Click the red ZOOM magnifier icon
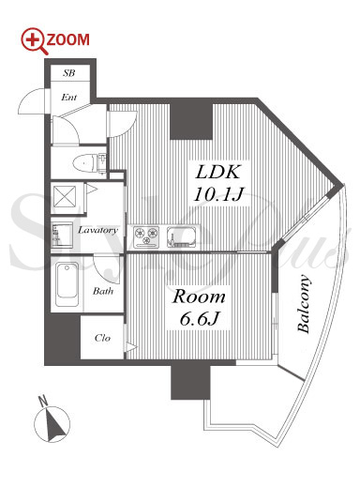[35, 41]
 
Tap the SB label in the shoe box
[69, 73]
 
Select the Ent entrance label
[69, 98]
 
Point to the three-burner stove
[146, 236]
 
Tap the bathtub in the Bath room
[67, 284]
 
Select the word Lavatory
[97, 230]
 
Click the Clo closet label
[102, 338]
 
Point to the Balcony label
[304, 303]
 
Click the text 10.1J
[218, 194]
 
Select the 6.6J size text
[199, 318]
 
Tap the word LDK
[218, 172]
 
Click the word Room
[199, 297]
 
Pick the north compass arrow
[55, 425]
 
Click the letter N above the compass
[42, 401]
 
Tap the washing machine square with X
[65, 196]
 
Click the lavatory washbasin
[62, 235]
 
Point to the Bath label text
[103, 291]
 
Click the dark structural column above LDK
[191, 121]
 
